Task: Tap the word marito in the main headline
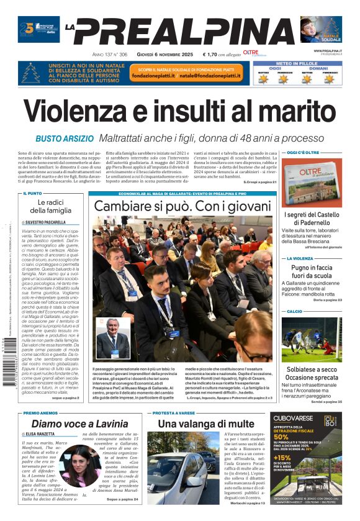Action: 292,112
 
